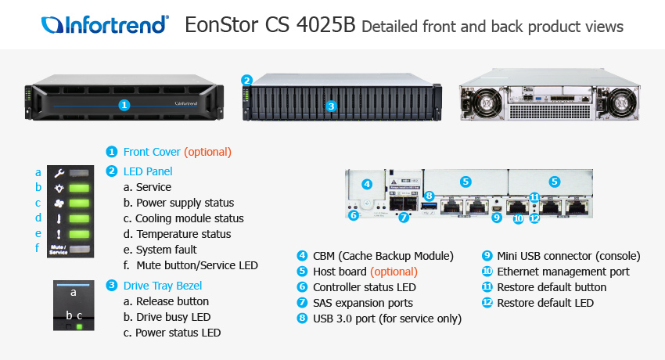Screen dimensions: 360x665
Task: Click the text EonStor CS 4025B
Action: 270,26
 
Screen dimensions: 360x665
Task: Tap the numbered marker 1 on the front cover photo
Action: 124,104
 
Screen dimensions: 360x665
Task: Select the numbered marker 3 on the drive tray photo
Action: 331,105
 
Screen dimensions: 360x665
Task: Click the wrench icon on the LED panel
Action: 58,171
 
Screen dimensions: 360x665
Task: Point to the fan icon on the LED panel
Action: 58,203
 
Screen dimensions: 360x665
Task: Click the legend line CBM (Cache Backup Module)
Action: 383,256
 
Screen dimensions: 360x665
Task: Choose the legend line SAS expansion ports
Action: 362,303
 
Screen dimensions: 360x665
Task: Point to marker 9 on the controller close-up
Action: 496,218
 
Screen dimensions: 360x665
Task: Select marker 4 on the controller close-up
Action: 367,184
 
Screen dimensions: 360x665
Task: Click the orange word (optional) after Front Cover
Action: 207,152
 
